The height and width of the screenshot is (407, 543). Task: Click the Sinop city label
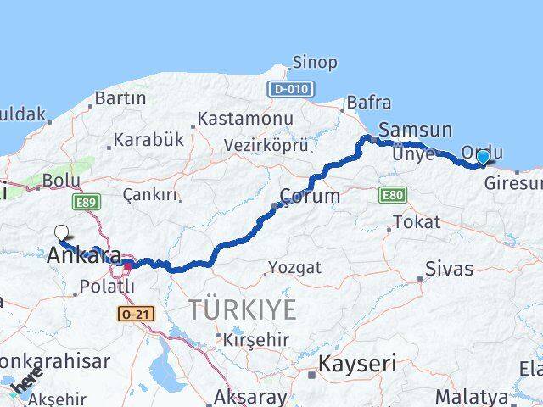[x=314, y=62]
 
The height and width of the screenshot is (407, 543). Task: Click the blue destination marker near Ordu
[x=483, y=157]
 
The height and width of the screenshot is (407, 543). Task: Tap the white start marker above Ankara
[x=61, y=232]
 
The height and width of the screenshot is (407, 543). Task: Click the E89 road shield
[x=85, y=202]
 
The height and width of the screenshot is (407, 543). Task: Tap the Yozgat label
[x=294, y=268]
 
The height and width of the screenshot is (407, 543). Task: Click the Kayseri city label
[x=357, y=365]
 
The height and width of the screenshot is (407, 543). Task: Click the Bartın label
[x=120, y=98]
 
